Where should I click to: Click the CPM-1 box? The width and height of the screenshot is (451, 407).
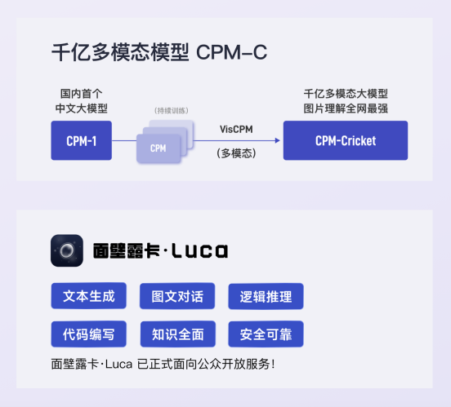click(82, 140)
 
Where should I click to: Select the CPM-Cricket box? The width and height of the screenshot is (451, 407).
click(346, 140)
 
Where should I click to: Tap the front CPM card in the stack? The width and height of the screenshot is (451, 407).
click(159, 148)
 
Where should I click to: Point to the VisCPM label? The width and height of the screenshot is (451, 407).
click(236, 129)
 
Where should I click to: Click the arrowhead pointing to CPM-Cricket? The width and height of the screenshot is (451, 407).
click(277, 140)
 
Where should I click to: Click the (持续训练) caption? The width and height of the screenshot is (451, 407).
click(172, 111)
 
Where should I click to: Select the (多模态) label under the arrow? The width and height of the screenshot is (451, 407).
click(236, 153)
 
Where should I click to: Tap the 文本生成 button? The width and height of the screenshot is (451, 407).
click(88, 296)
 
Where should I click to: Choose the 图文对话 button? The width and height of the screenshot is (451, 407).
click(177, 296)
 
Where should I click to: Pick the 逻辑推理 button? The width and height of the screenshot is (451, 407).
click(266, 296)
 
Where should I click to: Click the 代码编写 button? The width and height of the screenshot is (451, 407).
click(88, 334)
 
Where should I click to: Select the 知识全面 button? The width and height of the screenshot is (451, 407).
click(178, 334)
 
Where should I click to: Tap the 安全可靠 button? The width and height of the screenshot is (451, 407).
click(266, 334)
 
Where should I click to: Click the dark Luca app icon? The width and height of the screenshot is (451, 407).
click(67, 250)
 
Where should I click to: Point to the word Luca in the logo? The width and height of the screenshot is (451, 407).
click(200, 250)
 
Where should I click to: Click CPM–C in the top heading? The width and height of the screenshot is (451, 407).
click(231, 52)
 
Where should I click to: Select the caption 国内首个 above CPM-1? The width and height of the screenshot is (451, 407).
click(82, 94)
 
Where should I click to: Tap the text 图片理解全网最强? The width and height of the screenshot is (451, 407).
click(346, 108)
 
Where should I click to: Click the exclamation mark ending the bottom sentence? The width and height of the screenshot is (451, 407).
click(273, 365)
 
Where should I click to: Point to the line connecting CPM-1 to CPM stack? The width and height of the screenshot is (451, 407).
click(124, 141)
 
